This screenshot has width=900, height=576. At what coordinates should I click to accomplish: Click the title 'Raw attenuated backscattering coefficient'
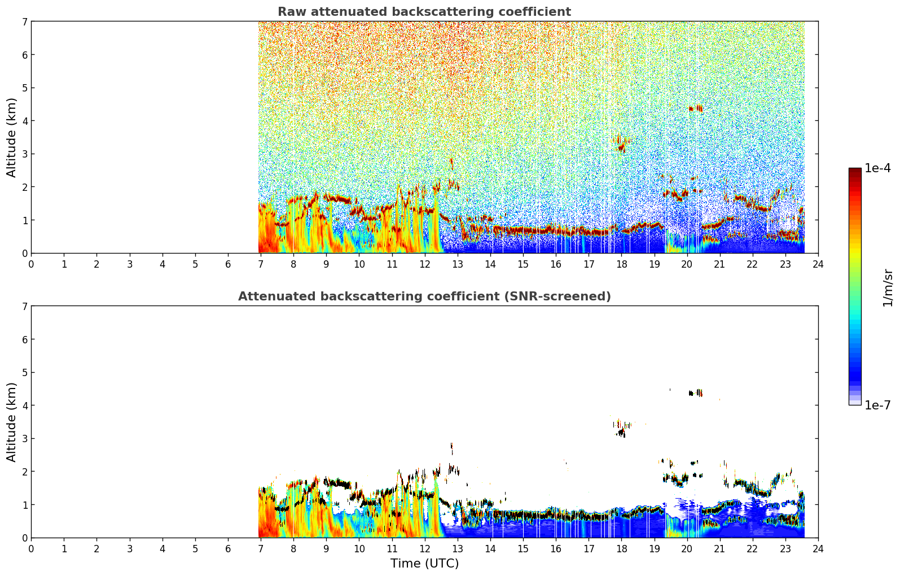click(424, 12)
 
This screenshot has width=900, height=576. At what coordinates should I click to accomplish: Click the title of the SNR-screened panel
click(424, 296)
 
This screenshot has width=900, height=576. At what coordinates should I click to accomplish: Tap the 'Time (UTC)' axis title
click(424, 563)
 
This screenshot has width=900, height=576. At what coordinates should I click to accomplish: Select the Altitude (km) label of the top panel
click(11, 137)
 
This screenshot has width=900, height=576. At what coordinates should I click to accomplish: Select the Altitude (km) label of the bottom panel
click(11, 422)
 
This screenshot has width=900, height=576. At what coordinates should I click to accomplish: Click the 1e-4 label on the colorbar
click(877, 168)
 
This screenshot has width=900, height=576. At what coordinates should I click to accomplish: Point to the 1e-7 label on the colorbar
click(877, 405)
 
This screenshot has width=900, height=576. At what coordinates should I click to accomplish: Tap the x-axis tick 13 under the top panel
click(457, 264)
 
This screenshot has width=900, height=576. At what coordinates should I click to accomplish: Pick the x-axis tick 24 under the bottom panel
click(818, 549)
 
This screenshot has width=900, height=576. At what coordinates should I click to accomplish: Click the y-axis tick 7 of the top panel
click(24, 21)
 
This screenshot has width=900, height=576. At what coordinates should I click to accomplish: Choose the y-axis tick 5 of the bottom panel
click(24, 373)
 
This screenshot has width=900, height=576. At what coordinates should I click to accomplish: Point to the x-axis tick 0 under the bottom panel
click(32, 549)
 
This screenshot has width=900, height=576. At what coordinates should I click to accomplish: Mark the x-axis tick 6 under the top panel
click(228, 264)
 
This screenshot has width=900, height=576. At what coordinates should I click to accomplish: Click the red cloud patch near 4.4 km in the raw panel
click(696, 108)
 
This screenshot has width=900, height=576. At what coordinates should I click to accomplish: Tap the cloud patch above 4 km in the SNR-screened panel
click(696, 393)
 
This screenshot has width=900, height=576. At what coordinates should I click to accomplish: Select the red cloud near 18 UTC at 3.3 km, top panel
click(622, 144)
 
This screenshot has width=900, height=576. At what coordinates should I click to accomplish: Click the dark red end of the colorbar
click(855, 171)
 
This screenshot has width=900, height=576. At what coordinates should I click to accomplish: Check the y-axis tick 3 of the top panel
click(24, 154)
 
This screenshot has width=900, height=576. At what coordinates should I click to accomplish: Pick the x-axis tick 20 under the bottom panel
click(687, 549)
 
